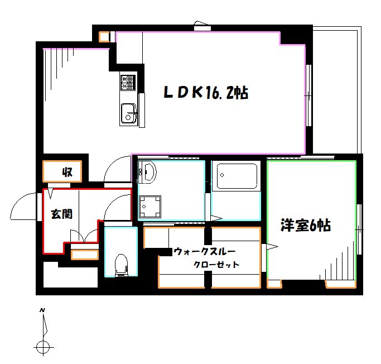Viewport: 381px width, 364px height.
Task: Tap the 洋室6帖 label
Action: tap(305, 226)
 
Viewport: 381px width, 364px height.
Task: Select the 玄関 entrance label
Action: tap(61, 214)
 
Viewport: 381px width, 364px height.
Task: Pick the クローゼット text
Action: tap(216, 265)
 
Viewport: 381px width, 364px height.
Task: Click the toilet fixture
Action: tap(120, 265)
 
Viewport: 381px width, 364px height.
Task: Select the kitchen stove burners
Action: tap(127, 83)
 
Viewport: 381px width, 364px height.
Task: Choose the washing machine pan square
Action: tap(150, 207)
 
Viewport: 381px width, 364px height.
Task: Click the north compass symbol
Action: tap(42, 347)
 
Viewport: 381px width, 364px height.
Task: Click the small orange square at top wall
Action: tap(104, 37)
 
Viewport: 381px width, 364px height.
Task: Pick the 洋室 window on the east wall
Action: tap(359, 223)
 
